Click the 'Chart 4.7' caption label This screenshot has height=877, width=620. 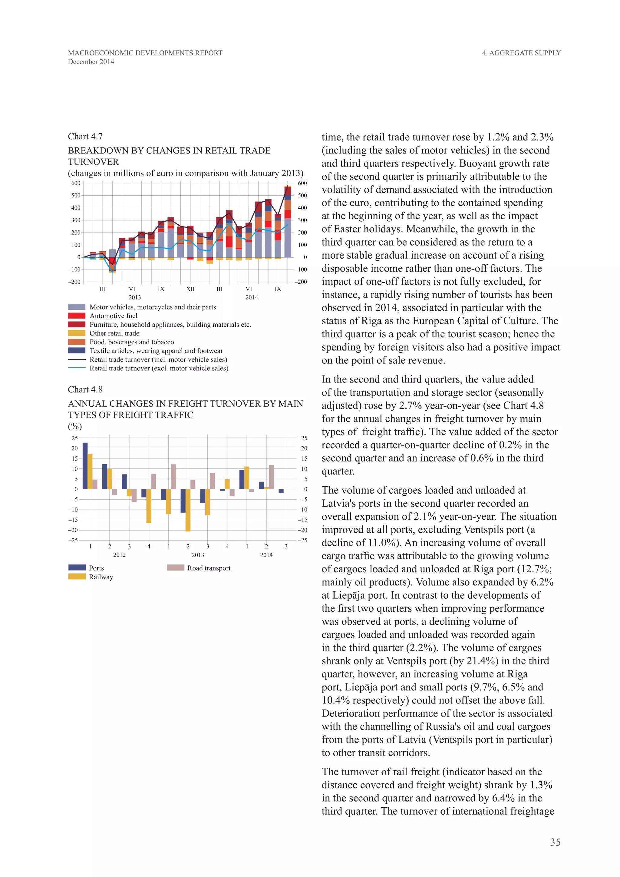pyautogui.click(x=85, y=136)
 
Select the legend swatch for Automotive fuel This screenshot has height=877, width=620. pyautogui.click(x=77, y=316)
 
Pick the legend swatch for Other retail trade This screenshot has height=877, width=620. pyautogui.click(x=77, y=333)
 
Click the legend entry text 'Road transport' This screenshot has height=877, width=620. pyautogui.click(x=209, y=568)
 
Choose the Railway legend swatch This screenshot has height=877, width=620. pyautogui.click(x=77, y=577)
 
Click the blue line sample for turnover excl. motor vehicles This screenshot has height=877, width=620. pyautogui.click(x=77, y=368)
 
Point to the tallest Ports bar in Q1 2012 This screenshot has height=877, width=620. pyautogui.click(x=85, y=466)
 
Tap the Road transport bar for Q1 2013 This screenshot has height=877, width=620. pyautogui.click(x=173, y=477)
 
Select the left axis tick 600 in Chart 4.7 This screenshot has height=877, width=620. pyautogui.click(x=76, y=183)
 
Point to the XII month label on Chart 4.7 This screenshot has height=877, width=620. pyautogui.click(x=190, y=289)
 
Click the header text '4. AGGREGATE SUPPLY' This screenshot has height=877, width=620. pyautogui.click(x=521, y=53)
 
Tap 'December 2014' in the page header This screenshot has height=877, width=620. pyautogui.click(x=91, y=62)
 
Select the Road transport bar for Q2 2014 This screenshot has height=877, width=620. pyautogui.click(x=272, y=477)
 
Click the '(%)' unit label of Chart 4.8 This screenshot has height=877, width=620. pyautogui.click(x=75, y=426)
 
